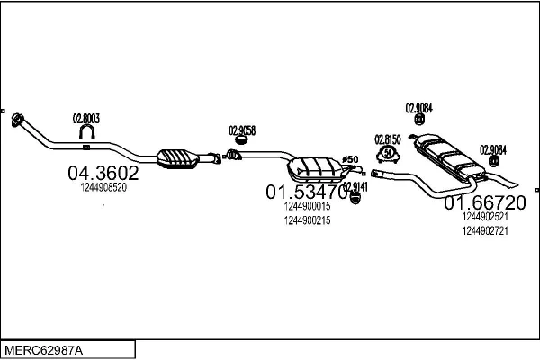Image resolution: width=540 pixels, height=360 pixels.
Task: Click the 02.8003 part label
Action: (85, 118)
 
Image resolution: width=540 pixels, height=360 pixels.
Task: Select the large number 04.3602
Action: (103, 173)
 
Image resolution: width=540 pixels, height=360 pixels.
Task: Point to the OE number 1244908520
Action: (103, 188)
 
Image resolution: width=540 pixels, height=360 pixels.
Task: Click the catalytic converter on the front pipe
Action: (178, 157)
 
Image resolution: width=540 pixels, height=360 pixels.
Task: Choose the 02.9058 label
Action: (242, 130)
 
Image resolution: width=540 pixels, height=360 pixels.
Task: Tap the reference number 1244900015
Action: (307, 206)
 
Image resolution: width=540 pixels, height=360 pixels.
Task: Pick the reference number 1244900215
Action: (307, 220)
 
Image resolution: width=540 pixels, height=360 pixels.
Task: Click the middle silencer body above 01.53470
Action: (316, 168)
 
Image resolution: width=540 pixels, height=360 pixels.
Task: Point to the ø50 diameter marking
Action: (351, 159)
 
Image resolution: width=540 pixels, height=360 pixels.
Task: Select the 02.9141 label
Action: (355, 185)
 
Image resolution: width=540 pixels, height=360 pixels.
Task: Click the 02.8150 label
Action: (387, 139)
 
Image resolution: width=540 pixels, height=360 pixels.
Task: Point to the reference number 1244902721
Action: (485, 231)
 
